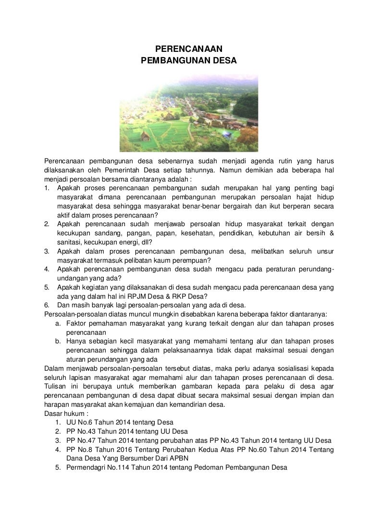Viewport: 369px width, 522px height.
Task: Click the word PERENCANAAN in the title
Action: (189, 49)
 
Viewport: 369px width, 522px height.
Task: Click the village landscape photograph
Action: (189, 112)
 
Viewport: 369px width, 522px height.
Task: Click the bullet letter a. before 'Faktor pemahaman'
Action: (58, 323)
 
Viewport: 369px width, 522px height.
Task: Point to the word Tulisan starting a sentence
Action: (55, 387)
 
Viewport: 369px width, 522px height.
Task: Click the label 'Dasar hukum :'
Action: (64, 413)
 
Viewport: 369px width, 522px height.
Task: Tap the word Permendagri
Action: (86, 467)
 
